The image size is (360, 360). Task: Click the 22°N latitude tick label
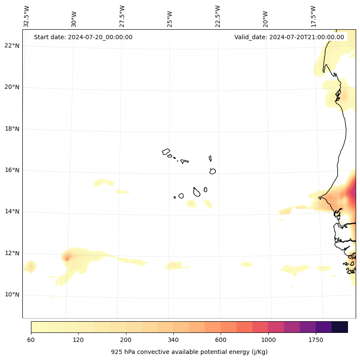(x=12, y=46)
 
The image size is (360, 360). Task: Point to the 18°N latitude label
(x=12, y=129)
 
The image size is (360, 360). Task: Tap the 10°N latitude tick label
(x=12, y=295)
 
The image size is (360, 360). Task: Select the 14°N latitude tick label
(x=12, y=212)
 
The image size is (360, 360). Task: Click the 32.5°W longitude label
(x=27, y=16)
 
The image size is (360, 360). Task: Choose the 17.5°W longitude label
(x=313, y=16)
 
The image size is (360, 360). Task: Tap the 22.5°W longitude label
(x=218, y=16)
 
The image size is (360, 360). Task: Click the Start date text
(x=83, y=37)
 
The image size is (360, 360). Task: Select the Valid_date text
(x=289, y=37)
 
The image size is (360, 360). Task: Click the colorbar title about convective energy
(x=189, y=352)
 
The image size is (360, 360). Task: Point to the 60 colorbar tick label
(x=31, y=340)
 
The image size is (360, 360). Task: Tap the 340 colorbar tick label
(x=173, y=340)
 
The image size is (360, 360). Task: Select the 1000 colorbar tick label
(x=268, y=340)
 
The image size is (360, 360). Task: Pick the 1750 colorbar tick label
(x=316, y=340)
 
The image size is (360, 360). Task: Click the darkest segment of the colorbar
(x=340, y=327)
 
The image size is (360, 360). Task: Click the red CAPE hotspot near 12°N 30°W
(x=67, y=258)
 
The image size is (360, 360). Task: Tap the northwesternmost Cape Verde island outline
(x=166, y=152)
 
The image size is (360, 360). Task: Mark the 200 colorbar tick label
(x=126, y=340)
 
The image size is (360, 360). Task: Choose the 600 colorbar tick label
(x=221, y=340)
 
